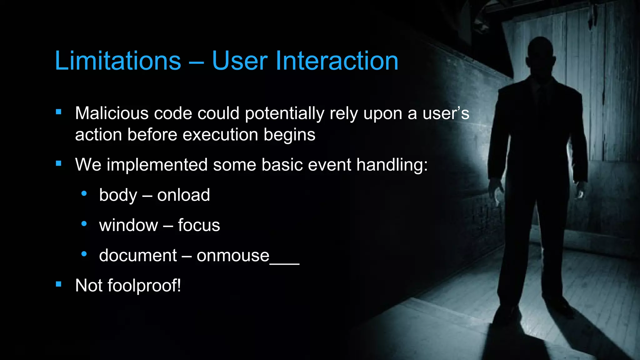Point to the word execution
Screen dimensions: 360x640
tap(220, 135)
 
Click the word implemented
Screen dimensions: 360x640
tap(157, 165)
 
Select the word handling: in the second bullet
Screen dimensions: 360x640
tap(392, 165)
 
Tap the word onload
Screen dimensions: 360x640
tap(183, 195)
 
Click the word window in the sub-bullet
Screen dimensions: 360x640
tap(128, 225)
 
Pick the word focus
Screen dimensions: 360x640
tap(199, 225)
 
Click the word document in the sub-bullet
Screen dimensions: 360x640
tap(138, 256)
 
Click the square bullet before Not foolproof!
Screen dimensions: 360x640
tap(58, 284)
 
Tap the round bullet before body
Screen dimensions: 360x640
tap(84, 194)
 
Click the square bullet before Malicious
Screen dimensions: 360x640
tap(58, 112)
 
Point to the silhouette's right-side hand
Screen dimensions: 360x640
tap(580, 191)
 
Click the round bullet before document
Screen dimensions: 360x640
tap(84, 254)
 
